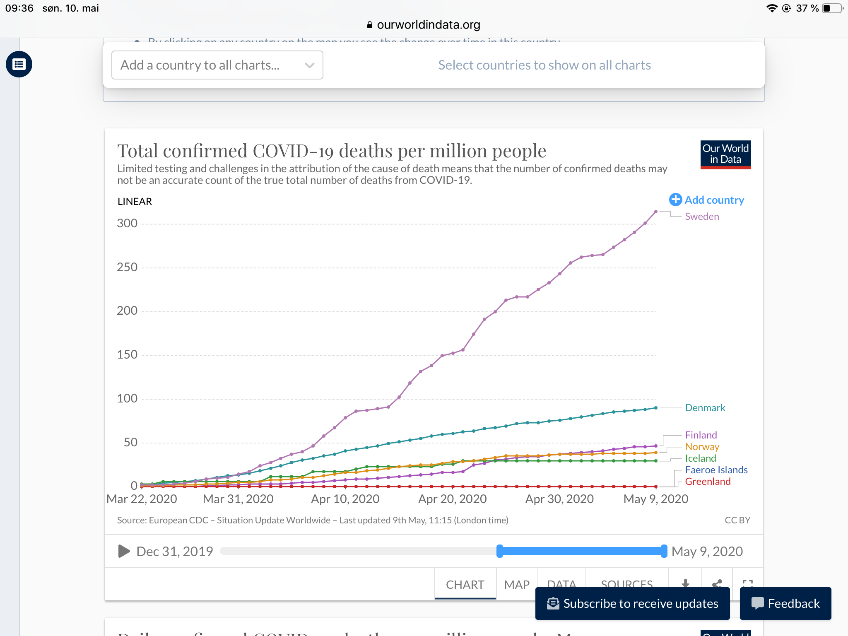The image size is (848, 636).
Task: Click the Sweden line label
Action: click(x=702, y=217)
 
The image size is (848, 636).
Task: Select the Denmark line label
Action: click(x=705, y=408)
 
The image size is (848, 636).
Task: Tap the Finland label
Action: click(x=701, y=435)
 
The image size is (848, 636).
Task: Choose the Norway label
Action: click(x=702, y=447)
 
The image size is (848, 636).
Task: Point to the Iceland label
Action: click(x=700, y=458)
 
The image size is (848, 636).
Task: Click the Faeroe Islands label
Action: click(x=716, y=470)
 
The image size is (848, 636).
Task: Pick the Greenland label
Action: click(x=708, y=482)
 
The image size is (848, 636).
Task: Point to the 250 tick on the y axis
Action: click(x=127, y=267)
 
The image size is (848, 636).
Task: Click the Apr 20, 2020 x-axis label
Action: click(x=452, y=499)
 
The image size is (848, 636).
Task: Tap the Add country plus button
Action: click(x=675, y=200)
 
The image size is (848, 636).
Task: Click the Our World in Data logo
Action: click(x=725, y=154)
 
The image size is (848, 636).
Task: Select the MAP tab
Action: click(x=517, y=584)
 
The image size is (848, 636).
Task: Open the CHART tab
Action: click(x=465, y=584)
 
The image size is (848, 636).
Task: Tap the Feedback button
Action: click(x=785, y=603)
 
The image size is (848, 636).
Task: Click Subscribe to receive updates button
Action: click(x=632, y=603)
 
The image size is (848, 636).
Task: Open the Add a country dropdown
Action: click(x=217, y=65)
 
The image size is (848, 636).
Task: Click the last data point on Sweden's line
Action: click(x=656, y=212)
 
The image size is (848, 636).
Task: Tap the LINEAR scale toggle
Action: click(x=135, y=202)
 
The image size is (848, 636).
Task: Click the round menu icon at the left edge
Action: click(x=19, y=64)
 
